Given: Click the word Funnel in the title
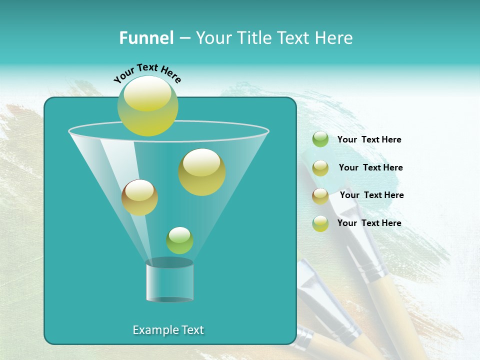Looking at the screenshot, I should tap(146, 38).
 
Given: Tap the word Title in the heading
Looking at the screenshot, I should tap(254, 38).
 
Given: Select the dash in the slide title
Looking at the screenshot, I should tap(184, 38).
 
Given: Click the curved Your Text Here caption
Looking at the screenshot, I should tap(147, 73).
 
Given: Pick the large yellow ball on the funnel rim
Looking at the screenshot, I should tap(147, 105).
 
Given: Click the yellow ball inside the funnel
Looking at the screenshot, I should tap(202, 172).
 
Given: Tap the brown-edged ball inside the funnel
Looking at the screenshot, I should tap(139, 197).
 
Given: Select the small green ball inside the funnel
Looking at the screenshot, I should tap(179, 240).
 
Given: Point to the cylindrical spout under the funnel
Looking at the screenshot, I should tap(169, 280).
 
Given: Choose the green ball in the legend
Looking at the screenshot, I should tap(320, 139).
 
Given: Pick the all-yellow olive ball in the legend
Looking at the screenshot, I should tap(320, 168).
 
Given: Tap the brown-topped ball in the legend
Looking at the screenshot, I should tap(320, 196).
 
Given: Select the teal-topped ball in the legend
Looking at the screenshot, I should tap(320, 223).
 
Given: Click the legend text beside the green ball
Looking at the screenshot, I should tap(369, 139).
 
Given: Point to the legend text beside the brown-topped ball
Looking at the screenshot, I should tap(371, 195).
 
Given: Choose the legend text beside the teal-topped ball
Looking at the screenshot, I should tap(369, 223).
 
